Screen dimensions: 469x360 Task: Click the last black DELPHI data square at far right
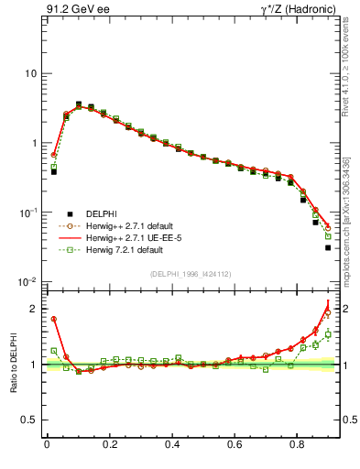(x=328, y=247)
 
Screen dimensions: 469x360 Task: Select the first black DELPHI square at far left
(x=54, y=171)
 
